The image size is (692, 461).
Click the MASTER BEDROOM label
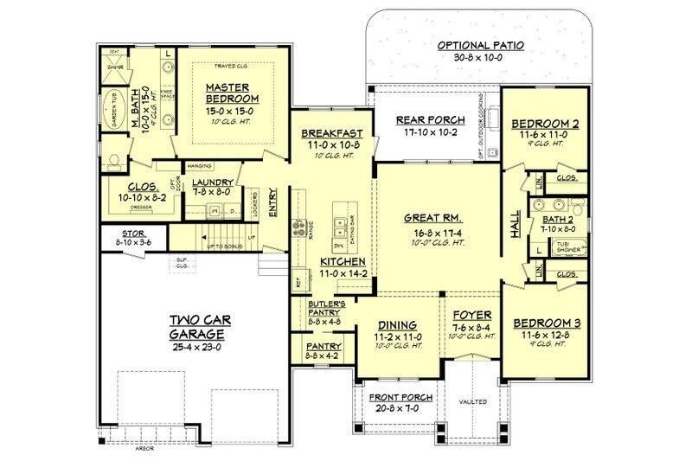pyautogui.click(x=227, y=93)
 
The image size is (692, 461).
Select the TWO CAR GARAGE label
pyautogui.click(x=198, y=327)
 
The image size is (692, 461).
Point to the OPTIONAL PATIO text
pyautogui.click(x=481, y=45)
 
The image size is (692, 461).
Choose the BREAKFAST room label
pyautogui.click(x=331, y=134)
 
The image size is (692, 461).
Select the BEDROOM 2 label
pyautogui.click(x=540, y=123)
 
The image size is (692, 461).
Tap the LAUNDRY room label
pyautogui.click(x=212, y=182)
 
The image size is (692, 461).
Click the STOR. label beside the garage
pyautogui.click(x=132, y=234)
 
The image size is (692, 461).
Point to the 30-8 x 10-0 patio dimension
pyautogui.click(x=481, y=58)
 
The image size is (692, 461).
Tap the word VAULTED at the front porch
pyautogui.click(x=472, y=402)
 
